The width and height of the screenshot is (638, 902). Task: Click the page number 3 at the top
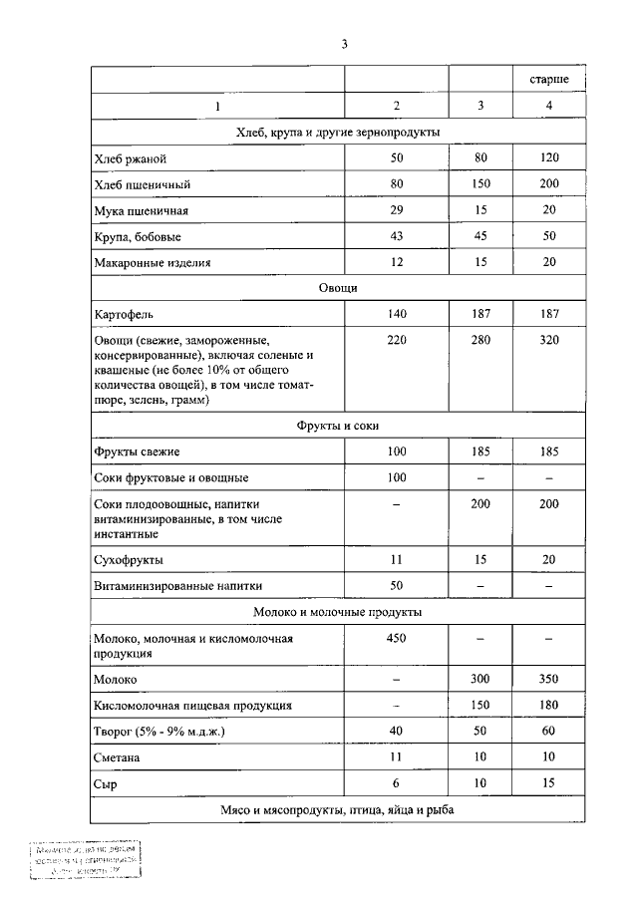(343, 44)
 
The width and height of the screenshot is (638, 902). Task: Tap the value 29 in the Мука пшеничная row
(396, 211)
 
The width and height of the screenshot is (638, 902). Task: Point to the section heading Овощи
(338, 288)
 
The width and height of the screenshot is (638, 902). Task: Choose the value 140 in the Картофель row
(396, 314)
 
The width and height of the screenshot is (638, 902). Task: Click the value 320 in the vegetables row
(548, 340)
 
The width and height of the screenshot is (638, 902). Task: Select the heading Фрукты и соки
(338, 426)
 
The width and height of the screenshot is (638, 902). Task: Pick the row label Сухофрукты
(128, 560)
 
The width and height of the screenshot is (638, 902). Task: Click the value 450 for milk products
(396, 639)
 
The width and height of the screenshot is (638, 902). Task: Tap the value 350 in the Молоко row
(548, 679)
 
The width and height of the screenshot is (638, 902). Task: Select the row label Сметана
(118, 758)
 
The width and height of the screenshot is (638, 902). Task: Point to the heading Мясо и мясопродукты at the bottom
(338, 811)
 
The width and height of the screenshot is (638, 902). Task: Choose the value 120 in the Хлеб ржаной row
(548, 158)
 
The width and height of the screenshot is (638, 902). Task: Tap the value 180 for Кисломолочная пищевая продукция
(548, 706)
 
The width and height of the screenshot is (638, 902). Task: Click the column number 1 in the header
(217, 106)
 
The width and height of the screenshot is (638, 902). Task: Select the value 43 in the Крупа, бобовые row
(396, 237)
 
